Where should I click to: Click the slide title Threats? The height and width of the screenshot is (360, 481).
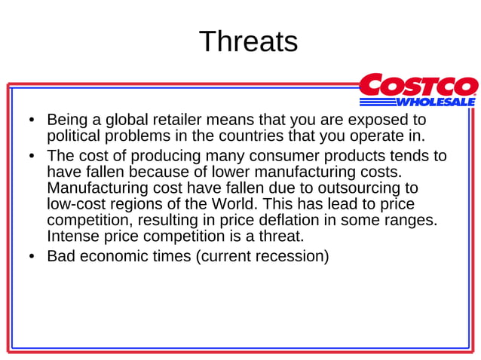(248, 41)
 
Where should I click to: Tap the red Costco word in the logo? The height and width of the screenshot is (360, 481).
(418, 85)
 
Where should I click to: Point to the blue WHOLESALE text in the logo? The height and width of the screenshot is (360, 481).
(436, 101)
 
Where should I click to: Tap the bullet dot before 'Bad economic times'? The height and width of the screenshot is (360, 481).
(31, 257)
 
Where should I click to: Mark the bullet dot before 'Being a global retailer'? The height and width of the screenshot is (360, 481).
(31, 121)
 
